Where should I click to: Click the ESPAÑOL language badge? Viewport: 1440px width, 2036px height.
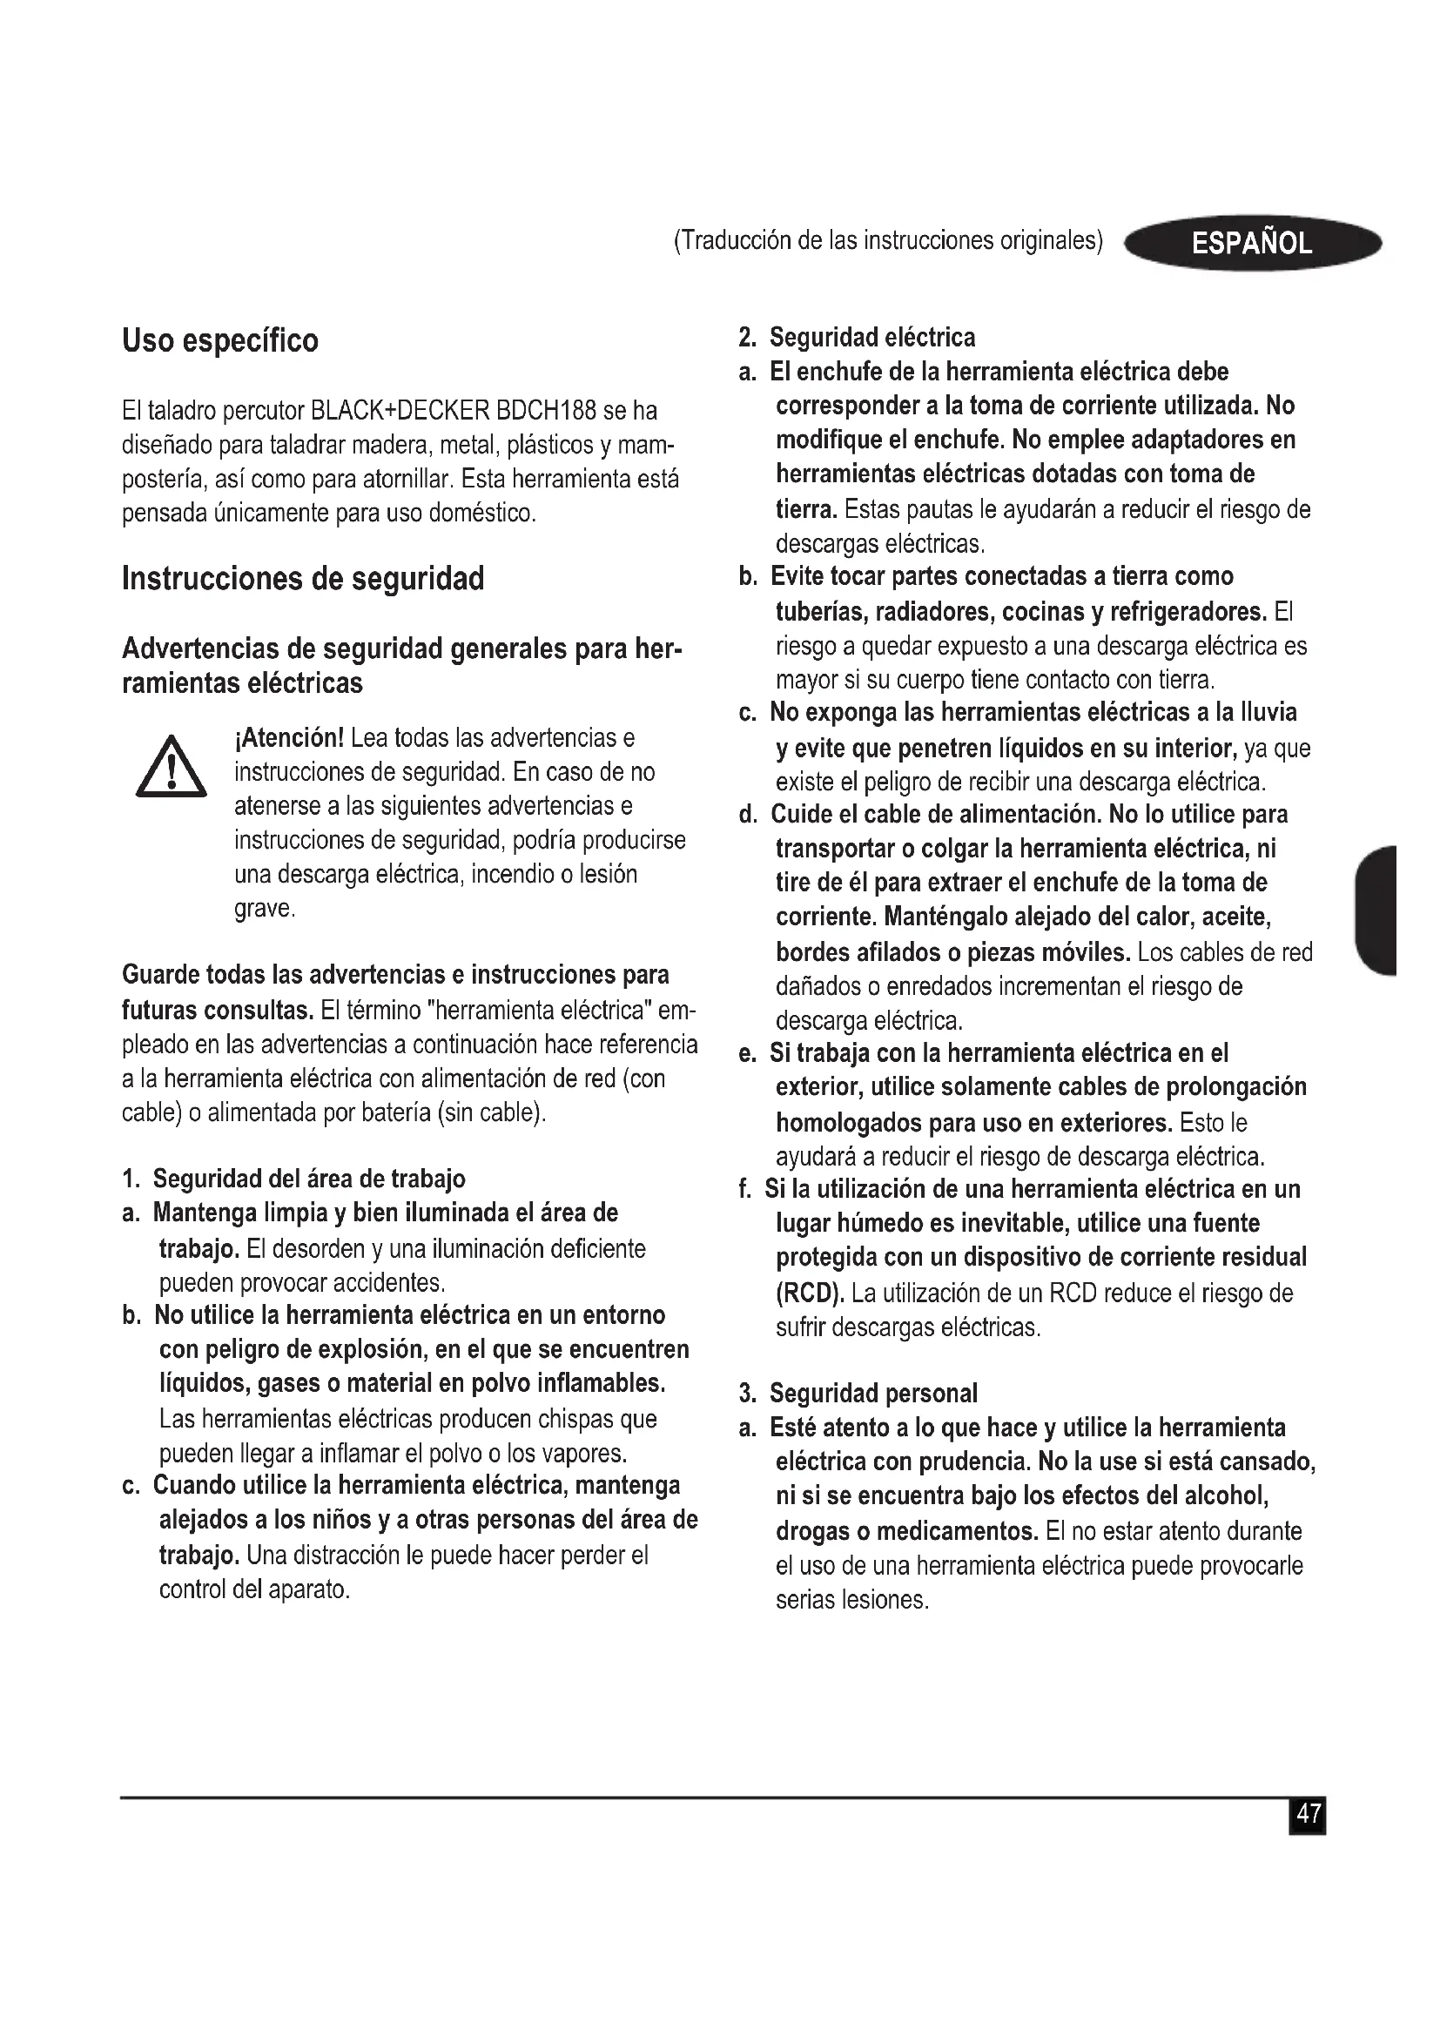[1251, 243]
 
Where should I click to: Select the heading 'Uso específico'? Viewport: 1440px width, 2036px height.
[220, 340]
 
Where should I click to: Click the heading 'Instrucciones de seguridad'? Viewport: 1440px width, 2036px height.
[303, 579]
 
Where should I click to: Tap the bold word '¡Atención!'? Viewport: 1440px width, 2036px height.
[289, 738]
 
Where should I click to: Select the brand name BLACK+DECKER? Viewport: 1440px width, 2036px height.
[398, 412]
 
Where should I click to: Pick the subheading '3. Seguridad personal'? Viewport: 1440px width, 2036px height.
[858, 1393]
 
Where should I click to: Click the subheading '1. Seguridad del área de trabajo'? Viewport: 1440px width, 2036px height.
[293, 1179]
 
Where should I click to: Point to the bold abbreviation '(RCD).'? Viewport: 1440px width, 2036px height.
[811, 1293]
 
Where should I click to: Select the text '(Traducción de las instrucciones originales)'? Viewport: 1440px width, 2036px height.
[889, 241]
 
